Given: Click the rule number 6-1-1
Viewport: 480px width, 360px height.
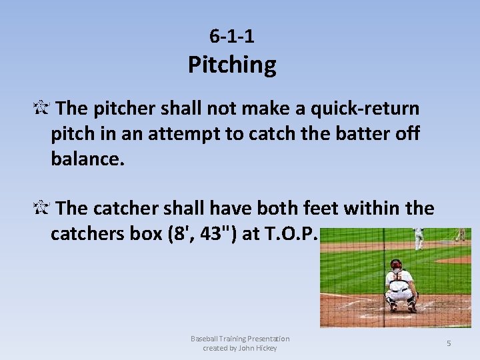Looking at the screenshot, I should point(231,35).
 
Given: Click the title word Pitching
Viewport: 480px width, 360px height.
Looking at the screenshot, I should point(231,65).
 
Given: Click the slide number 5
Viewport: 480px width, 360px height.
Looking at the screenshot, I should point(449,343).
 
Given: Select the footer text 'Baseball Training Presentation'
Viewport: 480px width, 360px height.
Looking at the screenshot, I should point(240,339).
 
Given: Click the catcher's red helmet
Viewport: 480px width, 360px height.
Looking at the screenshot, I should point(396,265).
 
